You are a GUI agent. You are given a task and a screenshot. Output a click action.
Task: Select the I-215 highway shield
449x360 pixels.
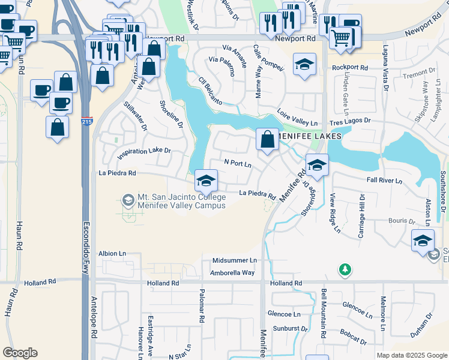[x=86, y=121]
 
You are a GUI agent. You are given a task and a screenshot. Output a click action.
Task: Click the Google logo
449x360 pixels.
[x=20, y=353]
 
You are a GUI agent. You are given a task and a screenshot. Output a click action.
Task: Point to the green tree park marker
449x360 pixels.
[x=345, y=271]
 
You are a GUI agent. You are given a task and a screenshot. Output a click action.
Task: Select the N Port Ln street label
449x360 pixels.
[x=237, y=163]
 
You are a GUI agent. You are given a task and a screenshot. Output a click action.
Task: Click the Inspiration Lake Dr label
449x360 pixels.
[x=144, y=151]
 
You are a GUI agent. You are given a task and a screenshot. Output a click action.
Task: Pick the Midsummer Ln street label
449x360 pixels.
[x=234, y=260]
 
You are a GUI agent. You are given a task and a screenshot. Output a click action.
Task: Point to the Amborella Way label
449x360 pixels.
[x=232, y=273]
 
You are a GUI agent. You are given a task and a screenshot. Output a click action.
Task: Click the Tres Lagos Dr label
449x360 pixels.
[x=358, y=121]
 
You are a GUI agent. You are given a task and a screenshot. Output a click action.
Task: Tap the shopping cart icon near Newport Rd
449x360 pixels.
[x=341, y=37]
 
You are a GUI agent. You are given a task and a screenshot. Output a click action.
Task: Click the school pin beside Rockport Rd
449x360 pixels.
[x=304, y=64]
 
